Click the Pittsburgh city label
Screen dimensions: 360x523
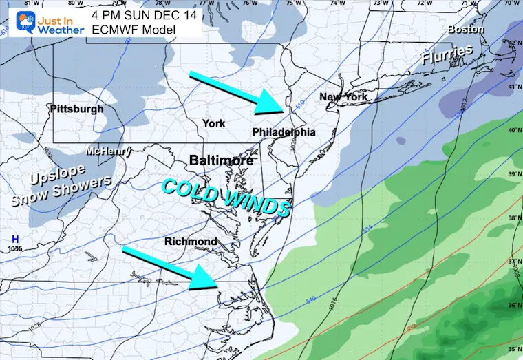tap(77, 109)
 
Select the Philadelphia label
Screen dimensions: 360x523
tap(284, 131)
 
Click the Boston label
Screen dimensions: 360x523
tap(466, 30)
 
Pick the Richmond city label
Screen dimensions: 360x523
tap(191, 242)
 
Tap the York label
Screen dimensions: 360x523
tap(213, 123)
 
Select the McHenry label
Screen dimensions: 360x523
tap(105, 151)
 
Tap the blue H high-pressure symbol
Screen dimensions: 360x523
tap(12, 240)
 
